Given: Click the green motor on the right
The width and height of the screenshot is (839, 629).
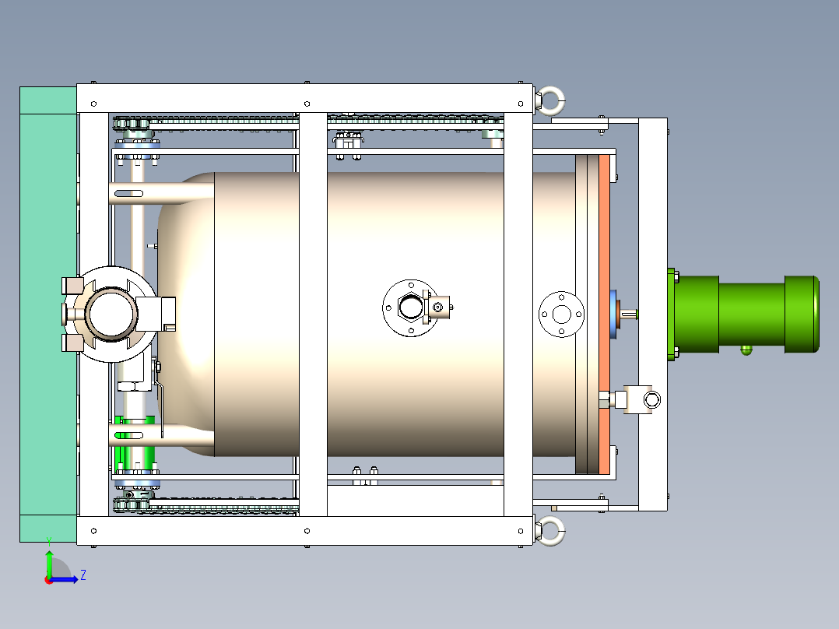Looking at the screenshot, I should tap(747, 314).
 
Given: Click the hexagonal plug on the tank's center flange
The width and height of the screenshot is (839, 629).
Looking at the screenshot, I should tap(409, 307).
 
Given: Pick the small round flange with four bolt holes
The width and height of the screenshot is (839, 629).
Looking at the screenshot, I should tap(561, 314).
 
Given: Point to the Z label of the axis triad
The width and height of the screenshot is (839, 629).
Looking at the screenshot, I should tap(82, 575).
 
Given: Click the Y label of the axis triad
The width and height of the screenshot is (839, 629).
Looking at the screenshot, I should tap(48, 540).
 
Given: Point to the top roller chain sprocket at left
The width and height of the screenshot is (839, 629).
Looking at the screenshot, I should tap(131, 123).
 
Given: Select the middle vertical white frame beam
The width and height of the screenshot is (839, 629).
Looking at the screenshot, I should tap(312, 314).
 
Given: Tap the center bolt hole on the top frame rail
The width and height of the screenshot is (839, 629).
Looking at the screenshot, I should tap(307, 103).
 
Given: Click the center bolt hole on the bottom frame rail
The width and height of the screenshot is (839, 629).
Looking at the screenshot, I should tap(307, 530).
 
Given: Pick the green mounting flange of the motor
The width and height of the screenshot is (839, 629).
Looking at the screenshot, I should tap(672, 314).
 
